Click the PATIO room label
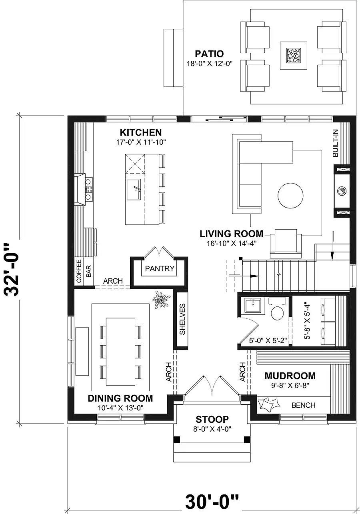[x=209, y=54]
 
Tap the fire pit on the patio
[x=293, y=55]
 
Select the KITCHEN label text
[x=141, y=133]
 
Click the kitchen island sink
[x=134, y=190]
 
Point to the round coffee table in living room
[x=290, y=196]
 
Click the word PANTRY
[x=160, y=268]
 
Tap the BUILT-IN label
[x=336, y=143]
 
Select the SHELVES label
[x=182, y=319]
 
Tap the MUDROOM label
[x=290, y=376]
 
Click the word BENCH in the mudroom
[x=303, y=405]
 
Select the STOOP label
[x=212, y=419]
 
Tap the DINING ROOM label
[x=120, y=398]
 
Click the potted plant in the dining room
[x=162, y=299]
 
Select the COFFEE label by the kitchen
[x=79, y=271]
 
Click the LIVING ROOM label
[x=231, y=234]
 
